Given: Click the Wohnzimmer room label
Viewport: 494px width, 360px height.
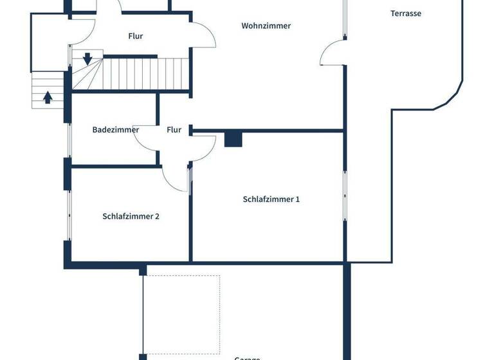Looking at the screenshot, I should [x=266, y=26].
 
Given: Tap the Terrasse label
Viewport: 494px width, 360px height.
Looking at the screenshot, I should [x=406, y=13].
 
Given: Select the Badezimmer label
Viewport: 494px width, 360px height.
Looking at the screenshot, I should [x=116, y=130].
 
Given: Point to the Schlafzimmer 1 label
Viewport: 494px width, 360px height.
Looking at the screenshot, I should [x=271, y=199].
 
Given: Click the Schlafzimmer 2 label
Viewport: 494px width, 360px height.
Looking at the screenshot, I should [x=131, y=217].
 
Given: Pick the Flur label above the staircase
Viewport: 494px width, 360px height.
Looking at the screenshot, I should [x=135, y=36].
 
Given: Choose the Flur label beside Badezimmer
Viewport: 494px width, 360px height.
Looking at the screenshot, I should [x=174, y=130].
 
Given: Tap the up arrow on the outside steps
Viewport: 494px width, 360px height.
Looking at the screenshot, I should [x=48, y=97].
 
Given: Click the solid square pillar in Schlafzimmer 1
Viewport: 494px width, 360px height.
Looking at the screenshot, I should [x=233, y=139].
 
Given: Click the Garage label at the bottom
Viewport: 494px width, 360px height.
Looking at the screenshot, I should [x=247, y=357].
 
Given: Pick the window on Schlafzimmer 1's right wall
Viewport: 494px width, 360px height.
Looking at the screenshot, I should [x=345, y=193].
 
